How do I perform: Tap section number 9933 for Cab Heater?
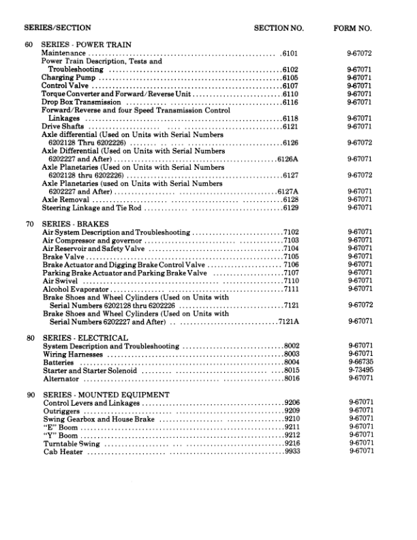292,451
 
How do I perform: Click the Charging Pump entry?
67,78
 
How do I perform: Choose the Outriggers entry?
61,411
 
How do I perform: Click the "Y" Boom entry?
59,435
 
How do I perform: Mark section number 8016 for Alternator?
292,378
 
